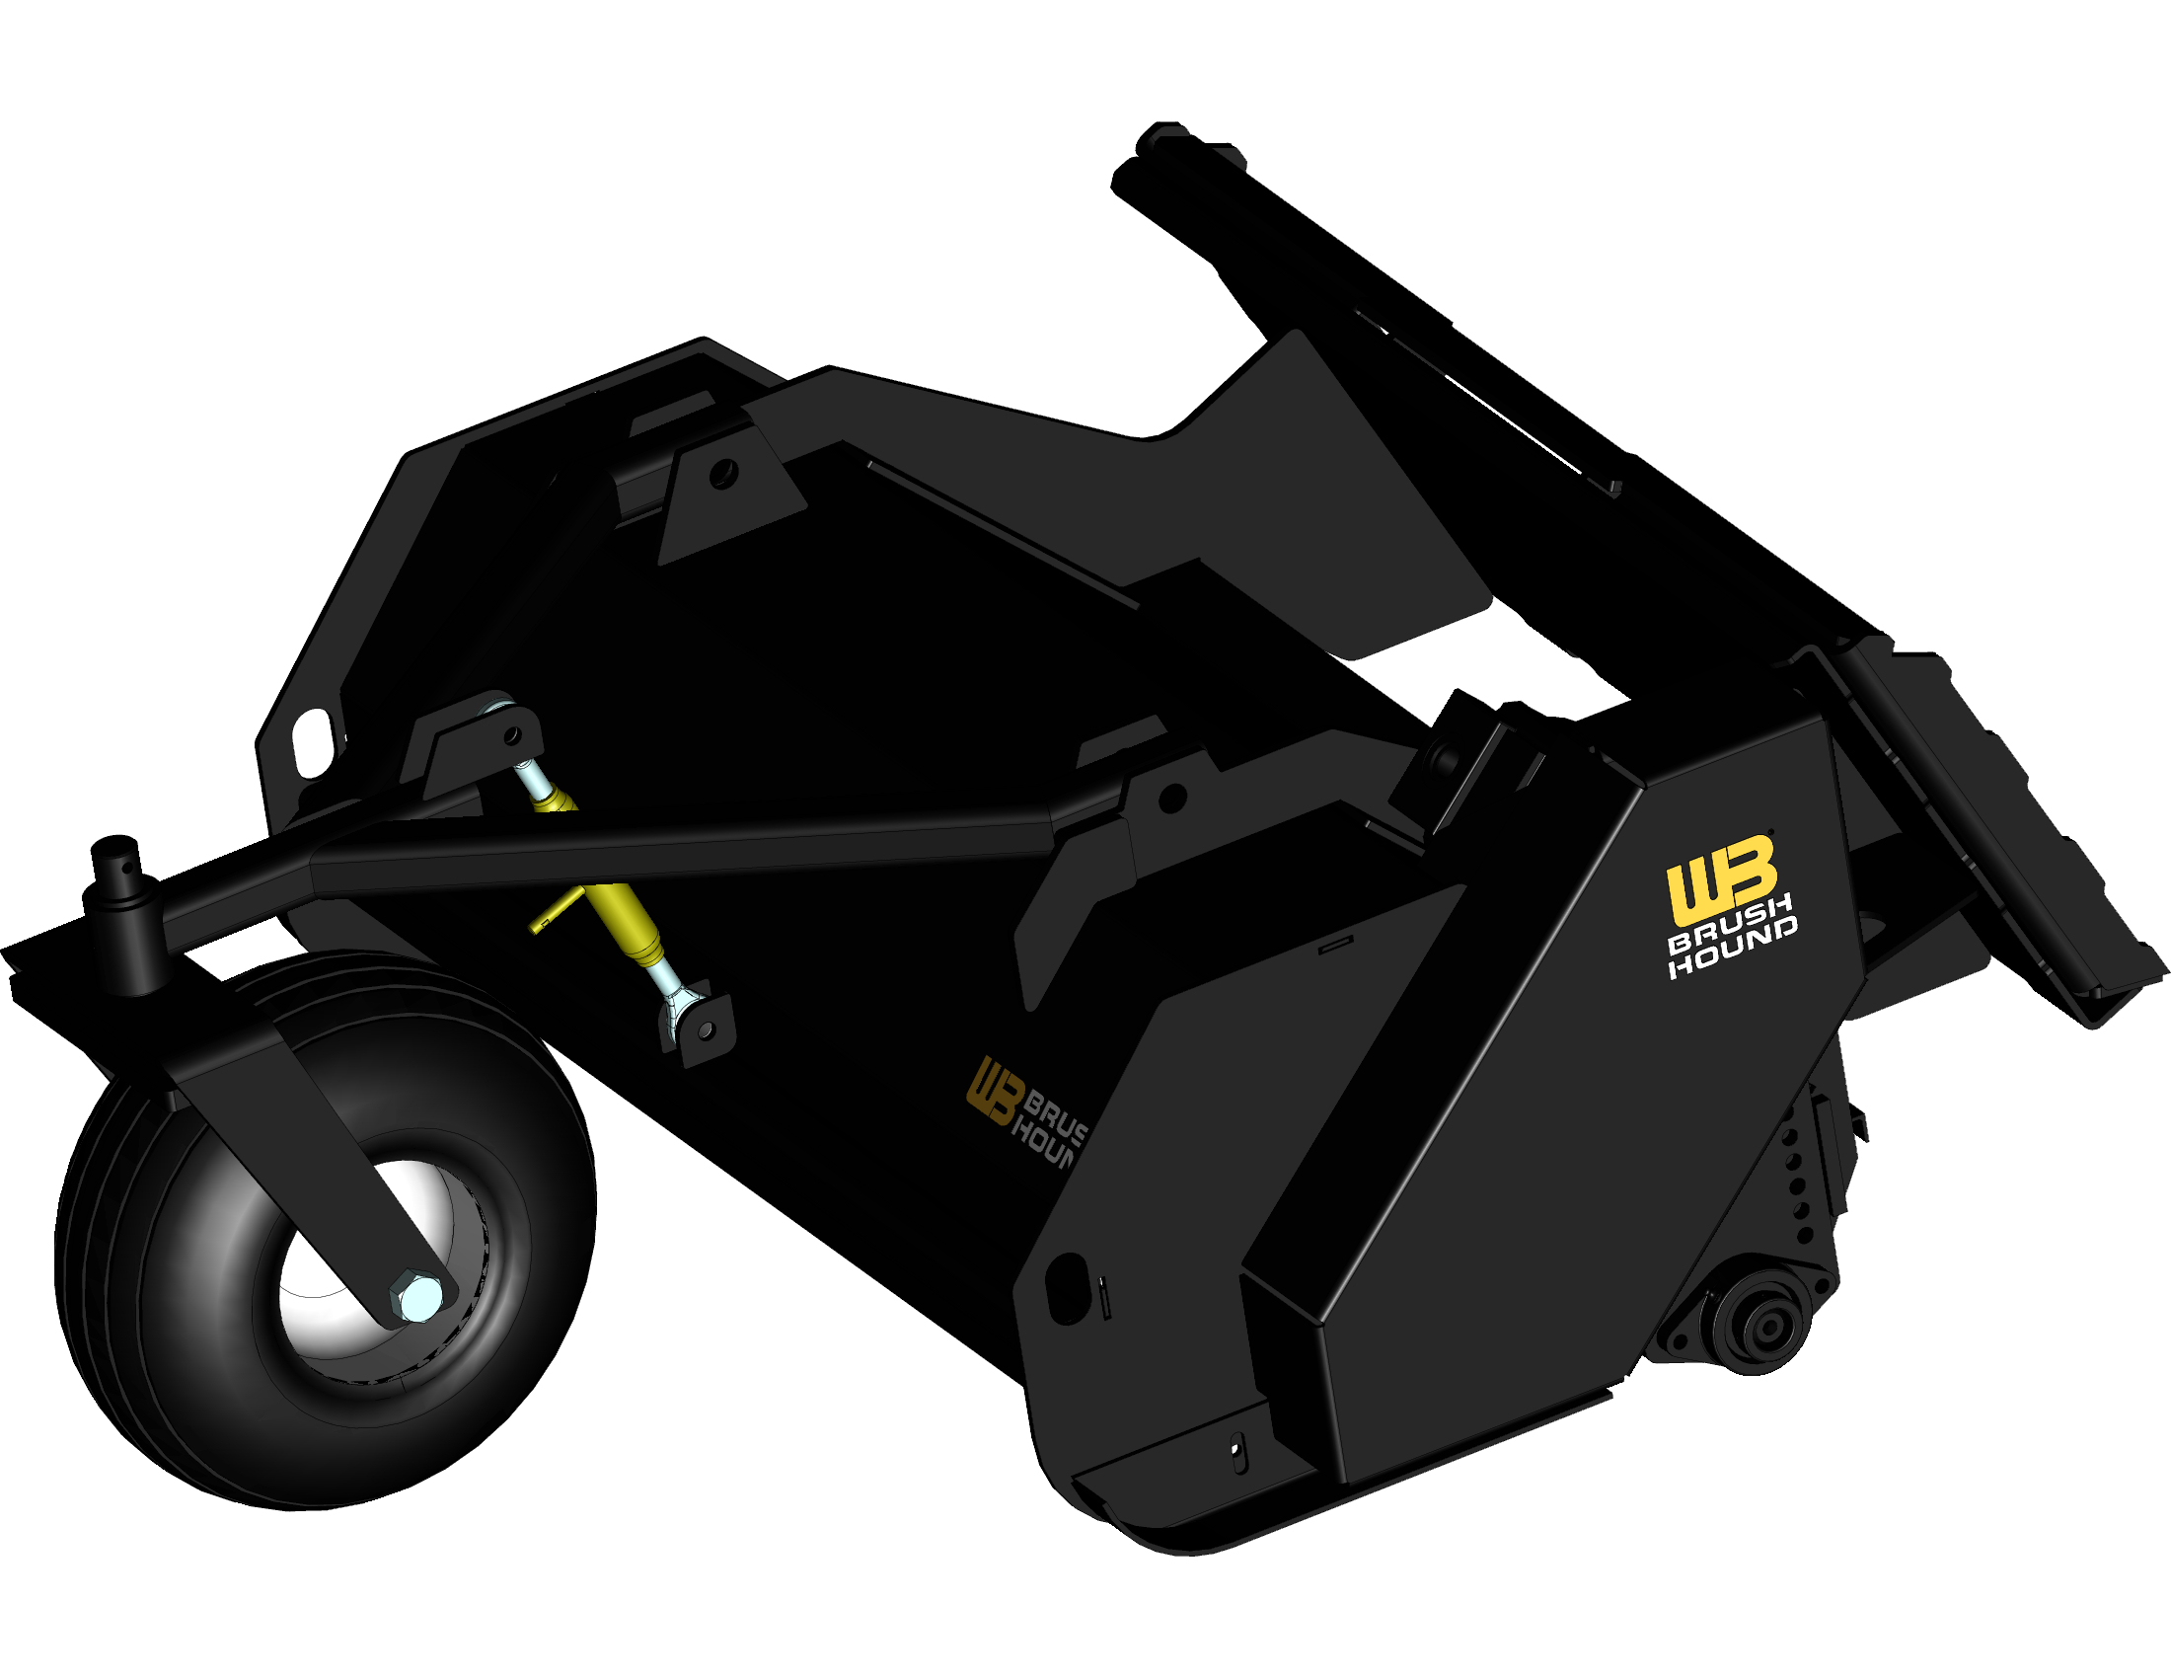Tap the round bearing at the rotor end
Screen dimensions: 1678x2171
pos(1759,1327)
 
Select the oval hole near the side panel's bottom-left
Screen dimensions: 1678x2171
pos(1068,1287)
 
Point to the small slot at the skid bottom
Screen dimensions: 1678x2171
pos(1236,1454)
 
